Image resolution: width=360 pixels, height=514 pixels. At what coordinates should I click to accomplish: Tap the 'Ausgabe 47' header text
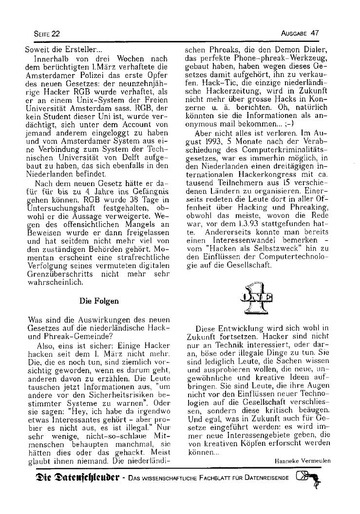pyautogui.click(x=300, y=33)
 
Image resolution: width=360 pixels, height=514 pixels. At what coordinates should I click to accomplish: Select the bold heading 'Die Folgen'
pyautogui.click(x=99, y=301)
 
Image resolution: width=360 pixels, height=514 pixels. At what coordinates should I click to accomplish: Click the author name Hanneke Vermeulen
pyautogui.click(x=302, y=460)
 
